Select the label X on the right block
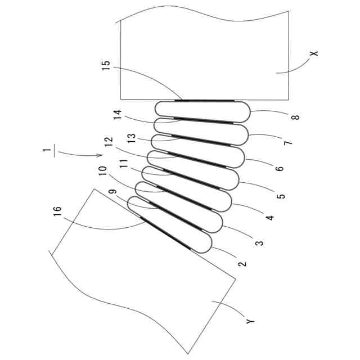tap(314, 54)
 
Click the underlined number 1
tap(50, 150)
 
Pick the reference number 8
tap(295, 117)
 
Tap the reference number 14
tap(117, 115)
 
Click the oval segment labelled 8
tap(202, 111)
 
